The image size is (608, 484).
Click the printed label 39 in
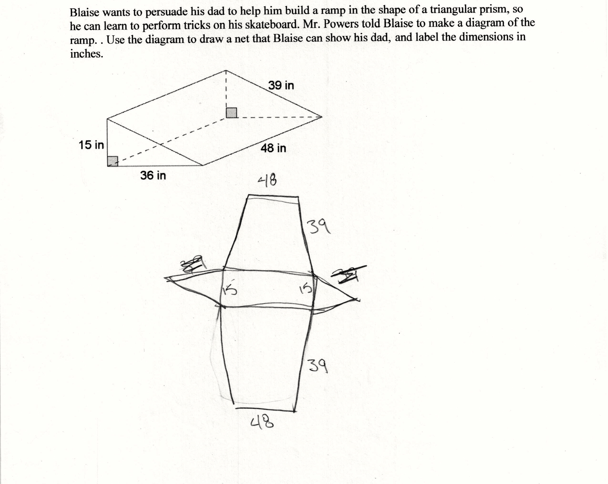pyautogui.click(x=281, y=85)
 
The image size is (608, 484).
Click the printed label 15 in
pyautogui.click(x=91, y=145)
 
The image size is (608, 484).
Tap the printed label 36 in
pyautogui.click(x=153, y=176)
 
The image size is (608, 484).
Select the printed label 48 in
pyautogui.click(x=273, y=148)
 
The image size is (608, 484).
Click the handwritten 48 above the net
pyautogui.click(x=267, y=180)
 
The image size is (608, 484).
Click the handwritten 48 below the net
pyautogui.click(x=262, y=422)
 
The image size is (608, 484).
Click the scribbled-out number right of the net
pyautogui.click(x=349, y=275)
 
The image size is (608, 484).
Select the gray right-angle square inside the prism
pyautogui.click(x=231, y=113)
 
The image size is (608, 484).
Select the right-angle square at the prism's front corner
pyautogui.click(x=113, y=161)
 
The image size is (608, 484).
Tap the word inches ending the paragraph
pyautogui.click(x=87, y=54)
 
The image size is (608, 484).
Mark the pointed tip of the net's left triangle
pyautogui.click(x=165, y=278)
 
